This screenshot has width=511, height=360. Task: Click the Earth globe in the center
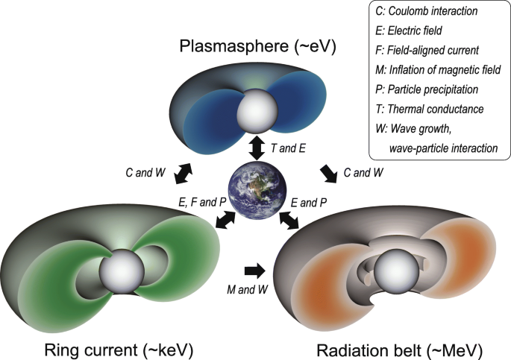click(256, 193)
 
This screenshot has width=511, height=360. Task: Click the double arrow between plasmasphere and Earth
click(256, 147)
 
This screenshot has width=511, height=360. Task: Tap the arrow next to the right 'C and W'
click(328, 173)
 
